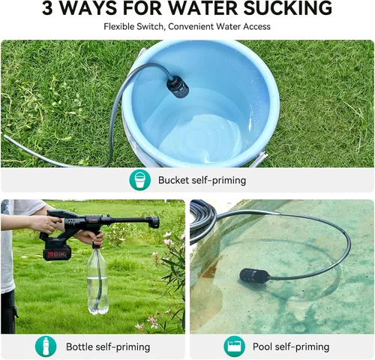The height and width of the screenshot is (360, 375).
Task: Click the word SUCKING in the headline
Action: pyautogui.click(x=288, y=8)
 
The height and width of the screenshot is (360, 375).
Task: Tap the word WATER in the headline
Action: pyautogui.click(x=205, y=8)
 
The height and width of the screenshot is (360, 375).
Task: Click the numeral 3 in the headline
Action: pyautogui.click(x=47, y=8)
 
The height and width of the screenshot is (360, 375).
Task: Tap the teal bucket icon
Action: pyautogui.click(x=139, y=180)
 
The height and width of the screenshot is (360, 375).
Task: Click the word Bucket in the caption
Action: pyautogui.click(x=173, y=180)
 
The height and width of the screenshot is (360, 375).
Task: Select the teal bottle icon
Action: pyautogui.click(x=46, y=346)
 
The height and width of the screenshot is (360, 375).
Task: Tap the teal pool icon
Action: pyautogui.click(x=234, y=346)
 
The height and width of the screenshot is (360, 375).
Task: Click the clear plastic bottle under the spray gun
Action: pyautogui.click(x=97, y=280)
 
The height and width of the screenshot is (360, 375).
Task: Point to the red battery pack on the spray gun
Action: pyautogui.click(x=57, y=253)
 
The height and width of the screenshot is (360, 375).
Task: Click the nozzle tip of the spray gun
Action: pyautogui.click(x=155, y=223)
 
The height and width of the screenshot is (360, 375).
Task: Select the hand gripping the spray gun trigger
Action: pyautogui.click(x=47, y=223)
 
